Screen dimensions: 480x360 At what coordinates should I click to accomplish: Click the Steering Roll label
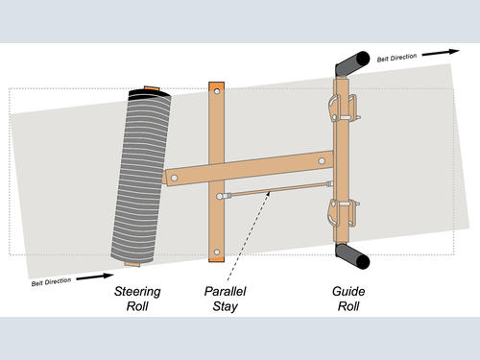pos(137,299)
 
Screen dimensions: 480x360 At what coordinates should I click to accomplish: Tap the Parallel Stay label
pos(226,299)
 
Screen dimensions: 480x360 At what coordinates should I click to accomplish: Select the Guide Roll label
pos(348,299)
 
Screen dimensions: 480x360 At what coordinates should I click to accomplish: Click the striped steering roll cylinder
pos(141,177)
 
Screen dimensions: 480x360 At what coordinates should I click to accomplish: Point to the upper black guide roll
pos(352,63)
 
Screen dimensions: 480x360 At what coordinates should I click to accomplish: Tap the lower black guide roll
pos(352,255)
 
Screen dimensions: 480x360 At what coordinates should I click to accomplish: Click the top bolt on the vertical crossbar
pos(217,91)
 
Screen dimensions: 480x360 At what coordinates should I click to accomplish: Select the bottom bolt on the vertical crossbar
pos(217,252)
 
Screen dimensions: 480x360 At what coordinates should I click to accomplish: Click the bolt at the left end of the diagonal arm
pos(174,178)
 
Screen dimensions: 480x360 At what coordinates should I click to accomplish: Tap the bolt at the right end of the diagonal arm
pos(322,161)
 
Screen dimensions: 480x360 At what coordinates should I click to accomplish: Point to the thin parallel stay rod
pos(276,190)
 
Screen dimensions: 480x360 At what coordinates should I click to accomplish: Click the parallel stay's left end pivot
pos(220,196)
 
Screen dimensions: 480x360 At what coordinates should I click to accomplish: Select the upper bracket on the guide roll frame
pos(344,108)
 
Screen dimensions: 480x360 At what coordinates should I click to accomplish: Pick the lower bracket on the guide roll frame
pos(343,213)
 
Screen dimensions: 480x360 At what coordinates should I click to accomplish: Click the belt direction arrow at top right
pos(441,53)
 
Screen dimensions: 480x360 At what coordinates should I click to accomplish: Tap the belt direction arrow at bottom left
pos(95,276)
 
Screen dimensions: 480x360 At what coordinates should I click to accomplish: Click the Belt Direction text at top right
pos(396,58)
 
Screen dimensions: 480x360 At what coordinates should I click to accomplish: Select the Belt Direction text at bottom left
pos(51,282)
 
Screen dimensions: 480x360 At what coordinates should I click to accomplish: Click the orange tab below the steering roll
pos(132,264)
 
